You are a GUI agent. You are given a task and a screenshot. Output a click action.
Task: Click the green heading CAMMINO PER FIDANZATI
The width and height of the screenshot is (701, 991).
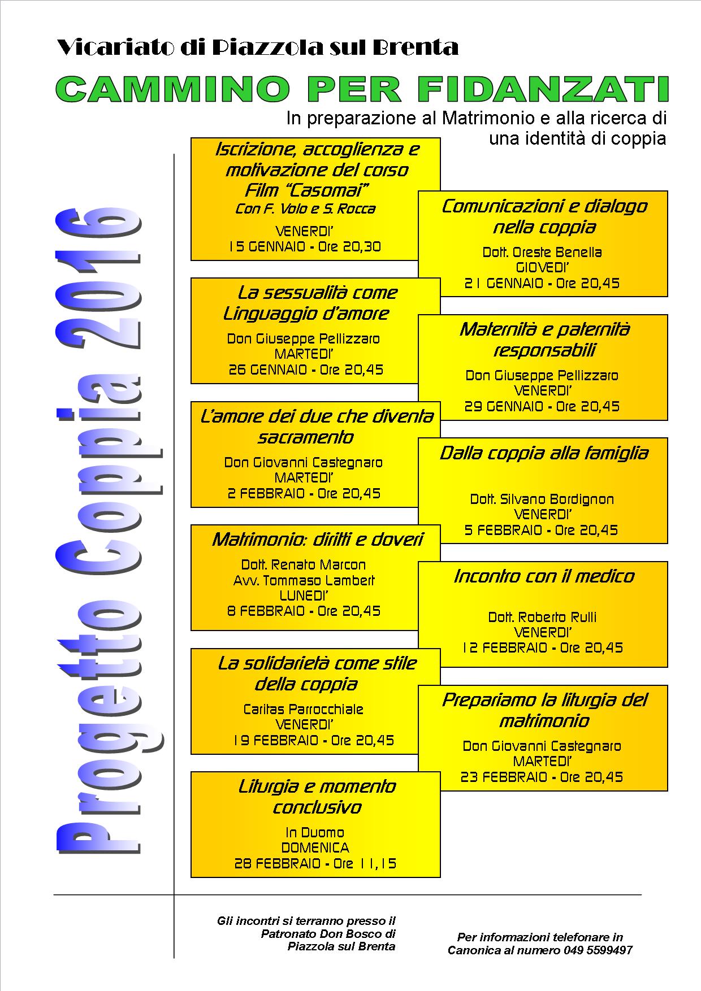[362, 89]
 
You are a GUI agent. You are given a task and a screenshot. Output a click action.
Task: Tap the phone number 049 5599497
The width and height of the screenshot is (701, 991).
[598, 950]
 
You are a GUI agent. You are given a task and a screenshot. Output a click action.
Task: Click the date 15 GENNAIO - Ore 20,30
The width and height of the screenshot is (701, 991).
[305, 247]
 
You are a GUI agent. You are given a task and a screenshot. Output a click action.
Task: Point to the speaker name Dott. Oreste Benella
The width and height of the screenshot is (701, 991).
[542, 253]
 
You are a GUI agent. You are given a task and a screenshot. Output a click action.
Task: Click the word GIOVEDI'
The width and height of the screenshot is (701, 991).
[543, 268]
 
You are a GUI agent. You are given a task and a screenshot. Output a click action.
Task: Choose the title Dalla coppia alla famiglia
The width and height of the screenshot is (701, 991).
[544, 453]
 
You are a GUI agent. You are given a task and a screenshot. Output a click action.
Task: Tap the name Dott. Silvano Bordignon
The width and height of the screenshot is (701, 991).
[542, 499]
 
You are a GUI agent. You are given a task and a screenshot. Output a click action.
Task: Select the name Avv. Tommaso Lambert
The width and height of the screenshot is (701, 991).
[304, 580]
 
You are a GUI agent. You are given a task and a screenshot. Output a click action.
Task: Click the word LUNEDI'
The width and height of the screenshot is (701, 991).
[304, 596]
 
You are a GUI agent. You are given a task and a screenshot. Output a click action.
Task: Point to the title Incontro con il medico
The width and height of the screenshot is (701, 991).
[544, 576]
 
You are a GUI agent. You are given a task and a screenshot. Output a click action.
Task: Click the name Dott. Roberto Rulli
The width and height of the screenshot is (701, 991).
[542, 618]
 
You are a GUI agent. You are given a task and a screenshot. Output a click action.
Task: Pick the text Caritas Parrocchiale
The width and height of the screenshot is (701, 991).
[304, 710]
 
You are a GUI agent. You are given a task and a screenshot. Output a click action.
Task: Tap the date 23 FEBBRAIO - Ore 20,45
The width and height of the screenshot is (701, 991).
[542, 777]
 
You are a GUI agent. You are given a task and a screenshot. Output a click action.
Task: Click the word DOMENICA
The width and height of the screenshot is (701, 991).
[315, 848]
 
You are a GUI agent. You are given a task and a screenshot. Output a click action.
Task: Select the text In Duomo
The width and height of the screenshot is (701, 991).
[315, 833]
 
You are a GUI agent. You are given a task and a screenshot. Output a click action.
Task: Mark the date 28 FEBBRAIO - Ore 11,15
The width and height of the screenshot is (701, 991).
[315, 864]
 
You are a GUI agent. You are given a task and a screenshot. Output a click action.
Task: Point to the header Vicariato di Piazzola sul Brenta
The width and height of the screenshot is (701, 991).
[258, 47]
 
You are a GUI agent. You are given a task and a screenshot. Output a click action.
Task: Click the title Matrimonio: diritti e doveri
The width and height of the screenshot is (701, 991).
[317, 540]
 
